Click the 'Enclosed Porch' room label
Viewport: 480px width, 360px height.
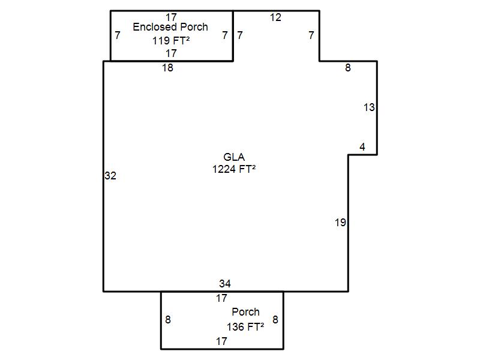point(170,27)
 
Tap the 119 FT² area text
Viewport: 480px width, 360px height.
point(171,40)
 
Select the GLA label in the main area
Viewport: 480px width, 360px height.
point(234,157)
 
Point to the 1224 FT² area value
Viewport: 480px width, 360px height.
point(234,169)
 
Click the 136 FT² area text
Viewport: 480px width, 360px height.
point(245,326)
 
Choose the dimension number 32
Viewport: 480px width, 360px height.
point(110,176)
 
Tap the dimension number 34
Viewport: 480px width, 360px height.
point(225,283)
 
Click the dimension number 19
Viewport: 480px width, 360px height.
point(340,222)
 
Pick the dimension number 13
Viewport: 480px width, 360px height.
point(369,107)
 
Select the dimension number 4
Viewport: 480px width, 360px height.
point(362,147)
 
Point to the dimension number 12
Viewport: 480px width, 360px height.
point(275,17)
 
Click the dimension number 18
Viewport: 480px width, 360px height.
point(168,68)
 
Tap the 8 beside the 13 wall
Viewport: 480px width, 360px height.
point(348,68)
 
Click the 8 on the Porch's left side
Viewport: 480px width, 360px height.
point(168,320)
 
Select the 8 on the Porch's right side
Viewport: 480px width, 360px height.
point(275,320)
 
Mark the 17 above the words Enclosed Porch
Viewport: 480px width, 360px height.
point(172,17)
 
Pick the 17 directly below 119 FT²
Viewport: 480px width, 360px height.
point(172,53)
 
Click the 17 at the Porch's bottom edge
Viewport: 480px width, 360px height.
point(221,341)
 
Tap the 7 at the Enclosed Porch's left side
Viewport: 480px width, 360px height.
point(118,35)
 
